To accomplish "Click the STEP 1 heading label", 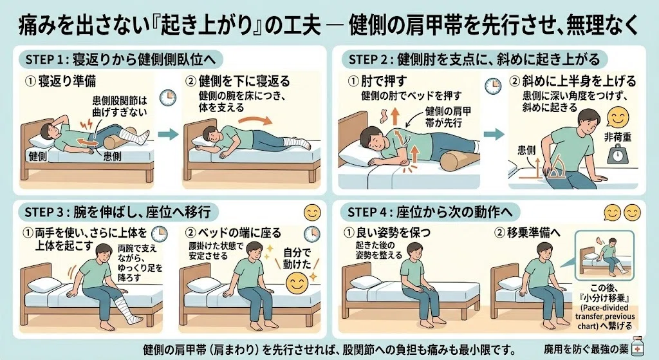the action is (x=120, y=60).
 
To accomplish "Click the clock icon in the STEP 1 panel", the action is (x=168, y=98).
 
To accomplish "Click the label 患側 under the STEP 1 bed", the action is (x=112, y=156).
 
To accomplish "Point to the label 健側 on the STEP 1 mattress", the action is (x=38, y=156).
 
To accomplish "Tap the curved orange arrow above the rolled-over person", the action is (x=255, y=120).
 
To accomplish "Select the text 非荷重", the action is (x=618, y=137).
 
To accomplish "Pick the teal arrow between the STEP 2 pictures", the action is (x=494, y=134).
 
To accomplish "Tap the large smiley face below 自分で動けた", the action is (x=297, y=283).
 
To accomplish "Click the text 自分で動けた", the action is (x=297, y=258).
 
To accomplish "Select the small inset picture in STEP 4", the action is (x=604, y=255).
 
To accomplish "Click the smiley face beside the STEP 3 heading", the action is (x=312, y=213).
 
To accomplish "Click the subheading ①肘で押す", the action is (x=378, y=81).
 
